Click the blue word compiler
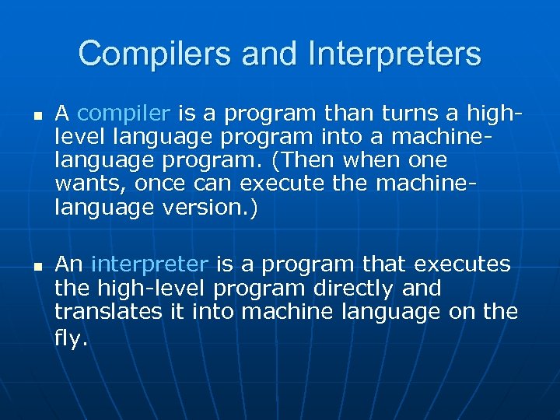point(124,114)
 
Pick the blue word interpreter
point(150,265)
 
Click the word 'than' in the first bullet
point(349,114)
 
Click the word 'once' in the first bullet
point(159,184)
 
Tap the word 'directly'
point(352,289)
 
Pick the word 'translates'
point(103,312)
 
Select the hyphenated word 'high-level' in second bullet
point(149,289)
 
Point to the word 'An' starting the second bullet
point(68,265)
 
